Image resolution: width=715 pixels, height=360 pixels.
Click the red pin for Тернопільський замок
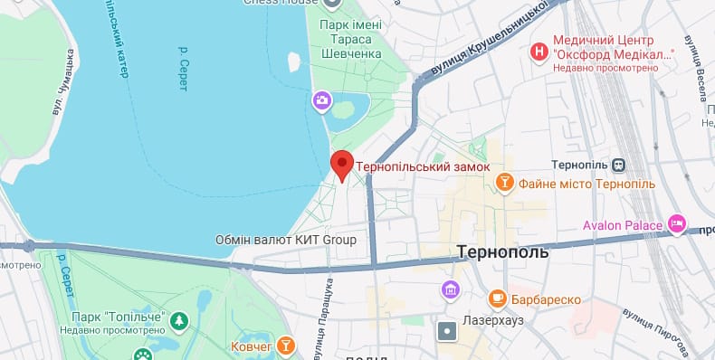(x=341, y=165)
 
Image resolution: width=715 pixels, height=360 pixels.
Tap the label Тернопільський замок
(x=423, y=167)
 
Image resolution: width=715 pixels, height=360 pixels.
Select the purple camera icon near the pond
(x=321, y=99)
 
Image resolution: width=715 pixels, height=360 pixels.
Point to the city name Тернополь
(x=503, y=251)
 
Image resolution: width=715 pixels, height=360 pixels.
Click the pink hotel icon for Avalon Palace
(x=676, y=223)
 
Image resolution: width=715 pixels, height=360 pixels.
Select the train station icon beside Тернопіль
(x=618, y=165)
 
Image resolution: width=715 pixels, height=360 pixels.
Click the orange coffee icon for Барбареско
(x=497, y=298)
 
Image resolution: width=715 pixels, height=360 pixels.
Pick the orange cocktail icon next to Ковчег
(x=286, y=346)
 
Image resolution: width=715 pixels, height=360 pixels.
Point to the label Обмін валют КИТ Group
(x=285, y=241)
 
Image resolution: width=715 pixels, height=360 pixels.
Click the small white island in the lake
(x=293, y=62)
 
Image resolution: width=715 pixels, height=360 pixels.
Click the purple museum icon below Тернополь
(x=450, y=290)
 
